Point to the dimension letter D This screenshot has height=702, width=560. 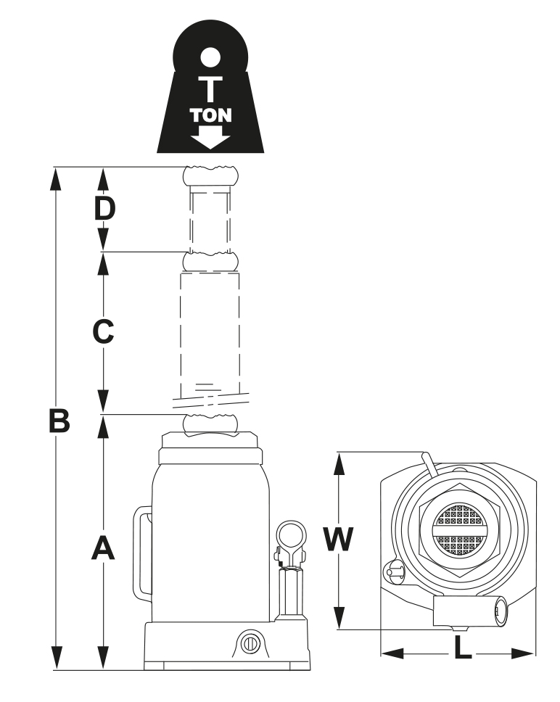point(105,209)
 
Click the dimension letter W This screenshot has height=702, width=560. point(338,540)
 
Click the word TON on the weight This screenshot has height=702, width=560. point(211,115)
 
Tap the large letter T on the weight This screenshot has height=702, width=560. point(211,88)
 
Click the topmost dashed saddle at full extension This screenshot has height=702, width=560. point(210,175)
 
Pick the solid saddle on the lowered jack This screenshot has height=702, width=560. point(210,424)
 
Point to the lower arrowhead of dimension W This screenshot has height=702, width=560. point(338,619)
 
